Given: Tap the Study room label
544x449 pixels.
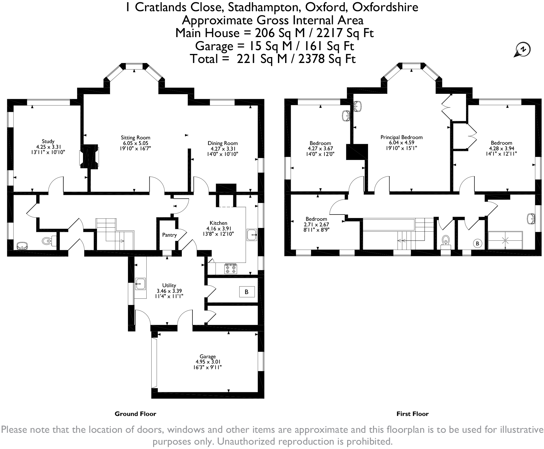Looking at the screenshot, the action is [x=48, y=141].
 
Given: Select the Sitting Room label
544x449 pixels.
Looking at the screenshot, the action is [x=135, y=138].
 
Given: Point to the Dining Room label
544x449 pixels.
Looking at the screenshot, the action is [x=222, y=143].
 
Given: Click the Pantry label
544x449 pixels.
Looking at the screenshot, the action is [x=169, y=235].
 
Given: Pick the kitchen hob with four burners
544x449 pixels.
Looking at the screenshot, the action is [x=231, y=269].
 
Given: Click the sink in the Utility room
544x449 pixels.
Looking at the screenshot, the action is [x=140, y=284].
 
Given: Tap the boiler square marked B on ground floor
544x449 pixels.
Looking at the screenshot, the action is [x=246, y=292].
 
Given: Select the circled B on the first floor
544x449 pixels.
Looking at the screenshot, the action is [x=477, y=243].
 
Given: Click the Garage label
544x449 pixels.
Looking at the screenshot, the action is [x=208, y=356].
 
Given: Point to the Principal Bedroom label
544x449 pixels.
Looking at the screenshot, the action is [x=401, y=137].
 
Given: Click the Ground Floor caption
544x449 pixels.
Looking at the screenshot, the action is [x=135, y=414].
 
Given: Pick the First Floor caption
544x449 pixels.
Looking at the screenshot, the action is [x=412, y=414].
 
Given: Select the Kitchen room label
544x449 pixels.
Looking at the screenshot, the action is [x=218, y=223].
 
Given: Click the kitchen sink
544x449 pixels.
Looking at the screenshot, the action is [x=251, y=235].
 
